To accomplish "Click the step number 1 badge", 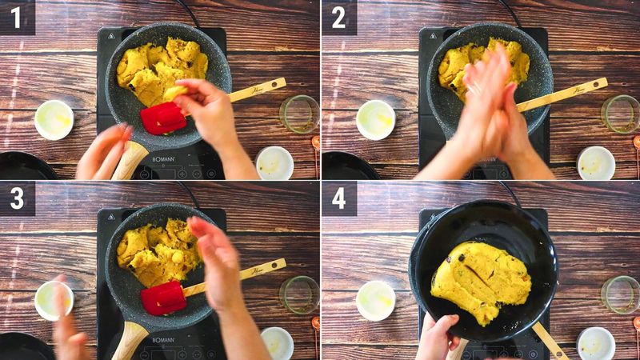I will click(17, 17).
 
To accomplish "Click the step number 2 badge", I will click(338, 17).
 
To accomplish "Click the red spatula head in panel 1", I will click(163, 118).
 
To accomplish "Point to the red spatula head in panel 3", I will click(163, 298).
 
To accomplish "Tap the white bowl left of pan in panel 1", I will click(54, 120).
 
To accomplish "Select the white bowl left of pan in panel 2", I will click(375, 120).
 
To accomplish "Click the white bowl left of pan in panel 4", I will click(375, 300).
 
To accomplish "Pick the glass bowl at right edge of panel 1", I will click(300, 114).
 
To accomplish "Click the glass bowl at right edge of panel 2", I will click(621, 114).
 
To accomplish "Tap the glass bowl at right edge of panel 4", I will click(621, 294).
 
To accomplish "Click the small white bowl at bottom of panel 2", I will click(596, 162).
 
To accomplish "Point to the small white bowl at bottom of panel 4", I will click(596, 342).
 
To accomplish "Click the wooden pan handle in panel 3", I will click(128, 340).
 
